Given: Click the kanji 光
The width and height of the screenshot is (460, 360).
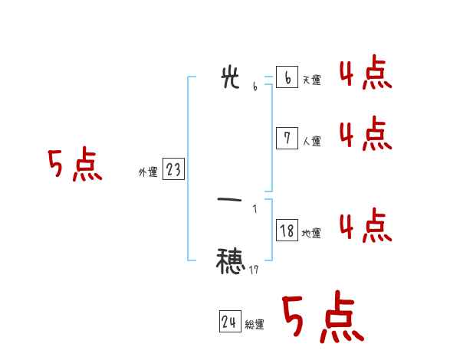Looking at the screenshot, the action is tap(230, 78).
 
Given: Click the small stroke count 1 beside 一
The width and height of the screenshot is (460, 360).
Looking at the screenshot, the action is tap(255, 208).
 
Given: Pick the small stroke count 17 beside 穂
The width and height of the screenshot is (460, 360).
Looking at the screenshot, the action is tap(255, 270).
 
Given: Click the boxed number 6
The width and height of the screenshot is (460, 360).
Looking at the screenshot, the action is tap(287, 77).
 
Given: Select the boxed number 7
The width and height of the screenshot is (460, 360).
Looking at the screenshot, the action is tap(287, 138).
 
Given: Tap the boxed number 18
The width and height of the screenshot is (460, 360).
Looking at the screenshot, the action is tap(287, 230).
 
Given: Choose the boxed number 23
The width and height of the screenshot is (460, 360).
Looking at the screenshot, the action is tap(173, 169).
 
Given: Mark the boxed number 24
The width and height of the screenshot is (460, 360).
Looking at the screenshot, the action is tap(229, 322).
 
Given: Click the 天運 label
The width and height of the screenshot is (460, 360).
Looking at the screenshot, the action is tap(311, 80).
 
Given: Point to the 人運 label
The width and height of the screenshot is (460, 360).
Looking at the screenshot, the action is tap(311, 141).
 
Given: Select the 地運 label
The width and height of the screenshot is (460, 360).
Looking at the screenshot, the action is tap(311, 233).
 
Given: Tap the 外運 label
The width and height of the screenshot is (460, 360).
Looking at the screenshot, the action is tap(147, 172).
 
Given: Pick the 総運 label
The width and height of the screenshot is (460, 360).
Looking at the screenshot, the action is tap(255, 325).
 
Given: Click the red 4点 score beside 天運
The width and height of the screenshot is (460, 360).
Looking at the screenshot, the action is tap(366, 74).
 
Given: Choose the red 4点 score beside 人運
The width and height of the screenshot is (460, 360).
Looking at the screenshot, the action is tap(366, 135).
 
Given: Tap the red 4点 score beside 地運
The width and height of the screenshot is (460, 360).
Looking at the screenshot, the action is tap(366, 227).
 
